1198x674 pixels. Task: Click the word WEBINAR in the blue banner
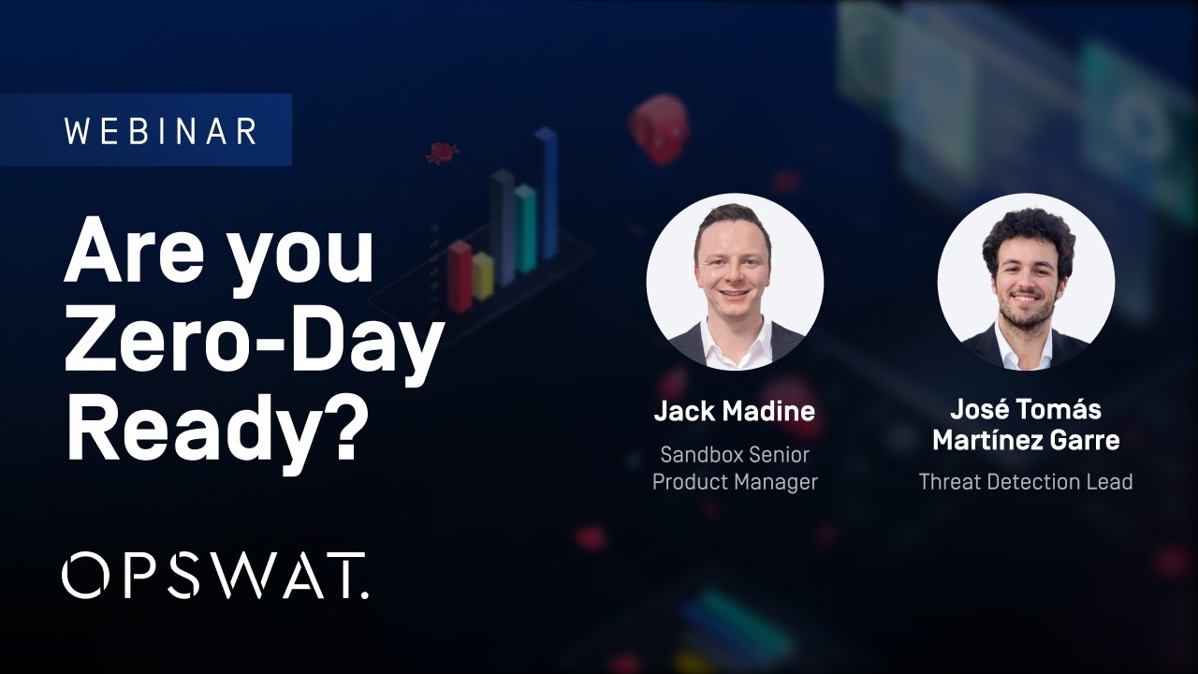coord(160,131)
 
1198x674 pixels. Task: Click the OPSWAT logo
coord(214,575)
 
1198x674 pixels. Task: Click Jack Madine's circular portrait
coord(735,282)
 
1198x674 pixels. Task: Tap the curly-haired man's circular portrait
coord(1026,282)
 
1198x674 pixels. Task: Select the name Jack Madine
coord(734,411)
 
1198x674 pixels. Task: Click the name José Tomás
coord(1026,409)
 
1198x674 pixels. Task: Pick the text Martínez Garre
coord(1026,439)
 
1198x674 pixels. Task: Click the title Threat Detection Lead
coord(1026,482)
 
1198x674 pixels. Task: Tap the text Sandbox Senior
coord(735,455)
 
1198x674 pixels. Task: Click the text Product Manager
coord(735,482)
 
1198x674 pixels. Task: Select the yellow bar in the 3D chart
coord(483,276)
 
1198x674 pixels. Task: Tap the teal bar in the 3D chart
coord(525,228)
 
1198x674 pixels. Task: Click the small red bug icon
coord(442,153)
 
